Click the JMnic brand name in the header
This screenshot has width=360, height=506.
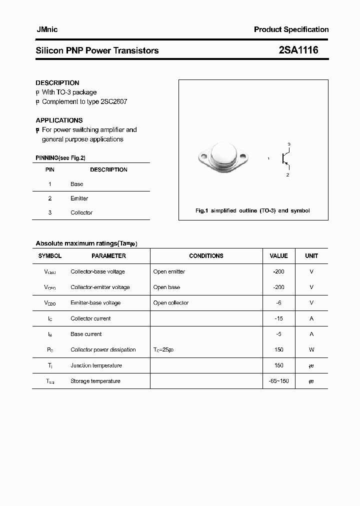click(x=47, y=29)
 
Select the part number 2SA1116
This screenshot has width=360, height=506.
click(x=298, y=50)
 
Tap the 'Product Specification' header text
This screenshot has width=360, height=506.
click(x=291, y=29)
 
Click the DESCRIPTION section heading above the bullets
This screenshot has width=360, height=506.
click(x=57, y=82)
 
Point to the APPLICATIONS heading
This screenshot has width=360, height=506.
click(x=59, y=120)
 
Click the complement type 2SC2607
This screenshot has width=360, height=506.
click(x=113, y=101)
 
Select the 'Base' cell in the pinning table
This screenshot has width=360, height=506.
click(x=77, y=184)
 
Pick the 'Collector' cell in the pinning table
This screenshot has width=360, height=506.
click(x=81, y=212)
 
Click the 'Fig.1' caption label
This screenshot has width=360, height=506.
click(x=201, y=210)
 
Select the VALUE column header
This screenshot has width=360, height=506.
click(x=278, y=256)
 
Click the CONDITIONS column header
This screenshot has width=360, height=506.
click(x=206, y=256)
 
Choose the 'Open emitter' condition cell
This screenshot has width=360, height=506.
click(x=169, y=271)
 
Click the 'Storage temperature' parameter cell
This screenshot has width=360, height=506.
click(x=95, y=381)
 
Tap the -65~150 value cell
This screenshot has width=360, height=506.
click(x=278, y=381)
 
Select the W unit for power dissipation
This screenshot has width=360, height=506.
click(x=311, y=349)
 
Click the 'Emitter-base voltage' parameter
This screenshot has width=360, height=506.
click(x=95, y=303)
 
